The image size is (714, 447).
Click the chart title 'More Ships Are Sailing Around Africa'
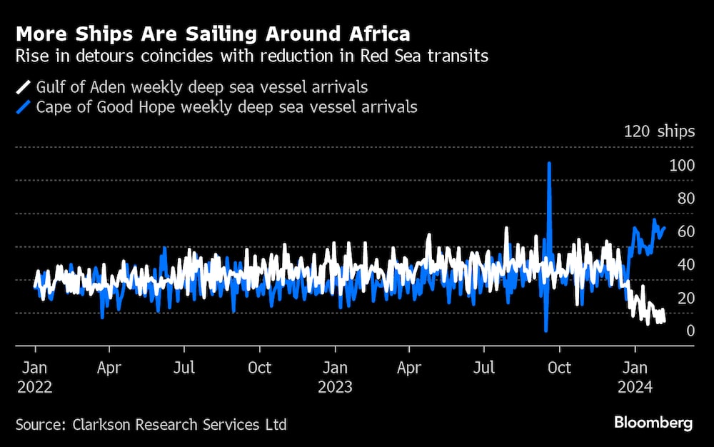213,34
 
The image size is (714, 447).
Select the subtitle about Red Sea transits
252,57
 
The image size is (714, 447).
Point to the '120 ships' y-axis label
658,131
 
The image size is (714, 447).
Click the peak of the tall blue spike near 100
549,164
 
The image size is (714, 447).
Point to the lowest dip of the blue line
545,330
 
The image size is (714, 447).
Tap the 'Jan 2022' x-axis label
34,377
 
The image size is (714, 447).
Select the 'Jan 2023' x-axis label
335,377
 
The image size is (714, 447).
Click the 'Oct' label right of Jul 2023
558,368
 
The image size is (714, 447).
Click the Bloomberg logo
653,423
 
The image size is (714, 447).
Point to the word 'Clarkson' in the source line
102,425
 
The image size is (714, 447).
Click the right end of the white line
664,321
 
